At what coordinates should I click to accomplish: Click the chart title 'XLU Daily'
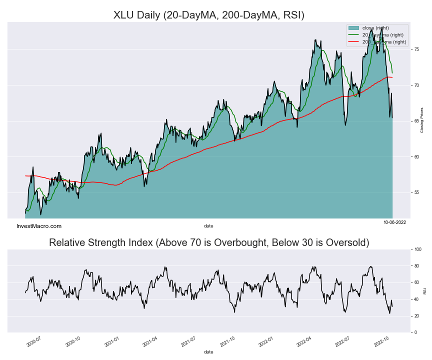pos(208,15)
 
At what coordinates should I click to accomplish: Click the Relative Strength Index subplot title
pos(209,243)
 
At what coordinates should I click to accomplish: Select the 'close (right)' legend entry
pos(375,28)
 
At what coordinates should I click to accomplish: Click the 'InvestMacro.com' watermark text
pos(39,226)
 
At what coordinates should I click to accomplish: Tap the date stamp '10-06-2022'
pos(394,221)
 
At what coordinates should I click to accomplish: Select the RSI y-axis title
pos(424,290)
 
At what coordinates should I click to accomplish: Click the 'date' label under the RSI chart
pos(208,352)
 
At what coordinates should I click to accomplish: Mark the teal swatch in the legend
pos(354,28)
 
